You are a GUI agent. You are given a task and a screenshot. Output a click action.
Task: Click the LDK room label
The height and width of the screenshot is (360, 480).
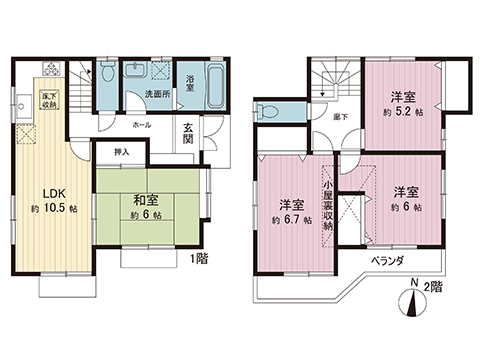[53, 193]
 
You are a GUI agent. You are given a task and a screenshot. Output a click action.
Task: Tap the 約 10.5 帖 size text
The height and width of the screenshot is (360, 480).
[54, 209]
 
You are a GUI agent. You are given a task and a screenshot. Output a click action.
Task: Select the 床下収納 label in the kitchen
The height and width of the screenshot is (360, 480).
[49, 98]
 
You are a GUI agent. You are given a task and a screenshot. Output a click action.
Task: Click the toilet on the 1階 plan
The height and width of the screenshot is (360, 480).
[107, 73]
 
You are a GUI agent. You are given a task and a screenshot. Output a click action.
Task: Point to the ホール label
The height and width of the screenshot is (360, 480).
[143, 127]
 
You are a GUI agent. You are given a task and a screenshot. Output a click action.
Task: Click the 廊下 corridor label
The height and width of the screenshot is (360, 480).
[341, 117]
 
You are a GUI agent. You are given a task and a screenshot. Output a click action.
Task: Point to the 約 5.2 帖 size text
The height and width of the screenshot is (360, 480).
[404, 112]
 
